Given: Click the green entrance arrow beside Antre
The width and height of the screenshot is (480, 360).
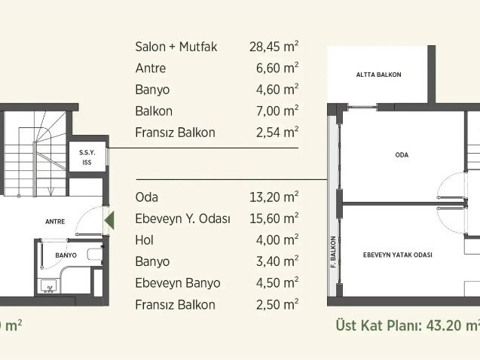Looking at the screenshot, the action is click(109, 220).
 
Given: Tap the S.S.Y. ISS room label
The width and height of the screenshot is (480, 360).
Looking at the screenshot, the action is click(87, 157).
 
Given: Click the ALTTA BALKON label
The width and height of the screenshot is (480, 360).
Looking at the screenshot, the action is click(379, 75).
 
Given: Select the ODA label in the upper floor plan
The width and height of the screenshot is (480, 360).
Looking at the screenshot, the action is click(402, 154).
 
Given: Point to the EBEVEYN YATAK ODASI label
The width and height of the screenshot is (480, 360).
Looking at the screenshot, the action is click(398, 255).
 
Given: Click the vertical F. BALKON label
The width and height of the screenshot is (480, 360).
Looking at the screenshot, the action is click(333, 252).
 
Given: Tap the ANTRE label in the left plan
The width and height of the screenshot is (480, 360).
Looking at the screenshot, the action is click(55, 221).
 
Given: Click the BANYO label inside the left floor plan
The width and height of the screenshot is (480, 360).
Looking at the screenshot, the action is click(66, 255).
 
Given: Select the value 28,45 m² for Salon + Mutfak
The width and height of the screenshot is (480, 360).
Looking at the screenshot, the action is click(274, 47).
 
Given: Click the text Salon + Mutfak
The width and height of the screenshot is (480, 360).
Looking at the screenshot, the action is click(176, 47).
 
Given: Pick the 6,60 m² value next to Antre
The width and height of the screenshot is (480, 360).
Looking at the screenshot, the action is click(277, 68).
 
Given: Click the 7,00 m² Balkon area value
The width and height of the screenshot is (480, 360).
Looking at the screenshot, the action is click(277, 111).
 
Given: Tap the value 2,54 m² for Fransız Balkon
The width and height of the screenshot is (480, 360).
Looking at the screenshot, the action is click(277, 132).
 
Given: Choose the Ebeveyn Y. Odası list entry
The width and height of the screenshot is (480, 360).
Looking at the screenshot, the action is click(183, 218).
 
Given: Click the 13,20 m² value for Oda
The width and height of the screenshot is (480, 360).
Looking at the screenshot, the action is click(274, 197).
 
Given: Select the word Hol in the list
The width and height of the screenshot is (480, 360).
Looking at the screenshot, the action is click(145, 240).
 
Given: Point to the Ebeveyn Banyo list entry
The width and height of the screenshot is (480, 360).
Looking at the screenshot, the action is click(178, 283).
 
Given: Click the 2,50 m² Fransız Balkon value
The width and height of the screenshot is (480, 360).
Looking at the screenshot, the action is click(277, 304).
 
